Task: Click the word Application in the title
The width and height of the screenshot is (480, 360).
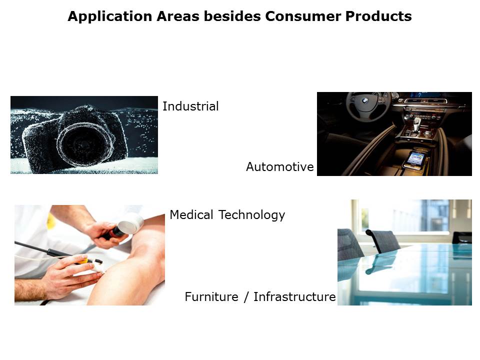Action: (x=110, y=16)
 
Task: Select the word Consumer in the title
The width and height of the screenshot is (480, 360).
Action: (x=303, y=16)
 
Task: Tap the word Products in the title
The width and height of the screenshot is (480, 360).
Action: (x=378, y=16)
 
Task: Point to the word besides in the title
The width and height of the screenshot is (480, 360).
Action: (x=232, y=16)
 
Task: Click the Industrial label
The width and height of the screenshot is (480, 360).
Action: (x=190, y=106)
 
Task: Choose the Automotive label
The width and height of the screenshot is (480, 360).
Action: (x=280, y=167)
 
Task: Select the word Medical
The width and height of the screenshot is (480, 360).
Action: (x=191, y=214)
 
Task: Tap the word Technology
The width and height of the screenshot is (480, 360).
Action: (x=251, y=215)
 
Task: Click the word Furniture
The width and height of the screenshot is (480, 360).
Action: (x=211, y=296)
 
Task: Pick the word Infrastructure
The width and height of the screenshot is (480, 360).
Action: (x=294, y=296)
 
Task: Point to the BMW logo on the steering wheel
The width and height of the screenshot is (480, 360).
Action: (x=364, y=100)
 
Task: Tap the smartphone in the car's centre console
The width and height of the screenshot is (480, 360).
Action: (x=415, y=160)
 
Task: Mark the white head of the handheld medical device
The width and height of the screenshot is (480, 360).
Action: (x=131, y=223)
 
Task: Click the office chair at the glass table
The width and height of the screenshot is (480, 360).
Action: (x=382, y=240)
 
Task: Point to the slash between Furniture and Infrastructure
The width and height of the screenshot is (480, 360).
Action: (x=246, y=297)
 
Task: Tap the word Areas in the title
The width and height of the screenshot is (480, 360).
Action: (x=178, y=16)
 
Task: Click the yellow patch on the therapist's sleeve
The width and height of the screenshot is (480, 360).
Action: (x=51, y=221)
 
